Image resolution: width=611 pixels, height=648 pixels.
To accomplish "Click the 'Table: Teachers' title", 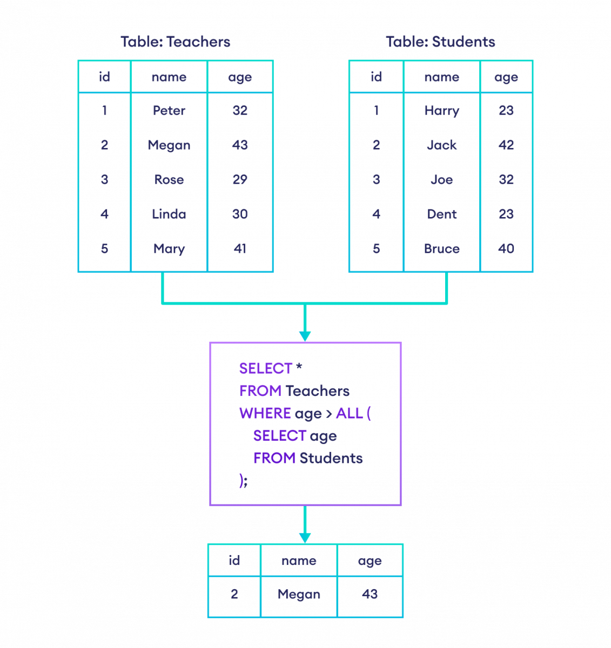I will coord(175,42).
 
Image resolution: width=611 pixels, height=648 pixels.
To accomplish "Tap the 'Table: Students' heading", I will coord(440,42).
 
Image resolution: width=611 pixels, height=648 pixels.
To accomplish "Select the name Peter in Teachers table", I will coord(169,111).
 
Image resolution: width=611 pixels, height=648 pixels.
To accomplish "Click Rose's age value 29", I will coord(240,180).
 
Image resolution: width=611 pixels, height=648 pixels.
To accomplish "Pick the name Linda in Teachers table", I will coord(169,214).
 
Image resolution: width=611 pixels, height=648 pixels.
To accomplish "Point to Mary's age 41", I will coord(240,249).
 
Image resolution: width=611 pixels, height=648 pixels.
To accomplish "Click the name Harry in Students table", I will coord(441,111).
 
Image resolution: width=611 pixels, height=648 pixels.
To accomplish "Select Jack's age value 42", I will coord(506,145).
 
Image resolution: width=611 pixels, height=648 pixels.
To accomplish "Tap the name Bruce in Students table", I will coord(441,249).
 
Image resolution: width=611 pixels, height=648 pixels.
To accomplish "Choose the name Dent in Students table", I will coord(441,214).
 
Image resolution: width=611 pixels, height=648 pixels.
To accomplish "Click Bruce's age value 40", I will coord(506,249).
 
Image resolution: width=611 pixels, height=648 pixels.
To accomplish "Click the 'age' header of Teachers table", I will coord(240,77).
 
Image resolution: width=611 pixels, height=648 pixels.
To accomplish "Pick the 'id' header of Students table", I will coord(376,77).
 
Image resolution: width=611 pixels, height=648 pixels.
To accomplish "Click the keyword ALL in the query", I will coord(349,414).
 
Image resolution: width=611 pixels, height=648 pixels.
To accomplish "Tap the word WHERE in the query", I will coord(265,414).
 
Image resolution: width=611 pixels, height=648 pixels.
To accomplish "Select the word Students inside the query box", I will coord(331,458).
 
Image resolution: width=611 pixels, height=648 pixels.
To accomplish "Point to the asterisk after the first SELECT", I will coord(299,367).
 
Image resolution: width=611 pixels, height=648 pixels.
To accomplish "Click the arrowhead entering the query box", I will coord(305,336).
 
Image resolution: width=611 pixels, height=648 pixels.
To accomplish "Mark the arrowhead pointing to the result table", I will coord(305,538).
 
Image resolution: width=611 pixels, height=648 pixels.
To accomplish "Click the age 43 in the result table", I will coord(370,595).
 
